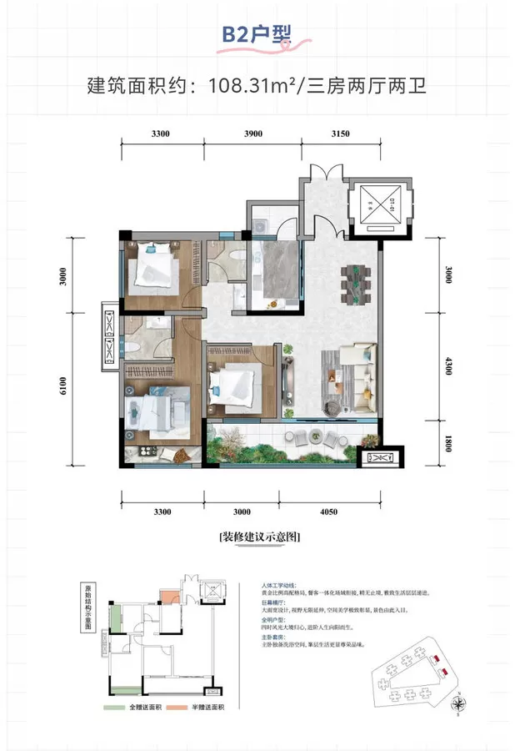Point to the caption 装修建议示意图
(x=257, y=537)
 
